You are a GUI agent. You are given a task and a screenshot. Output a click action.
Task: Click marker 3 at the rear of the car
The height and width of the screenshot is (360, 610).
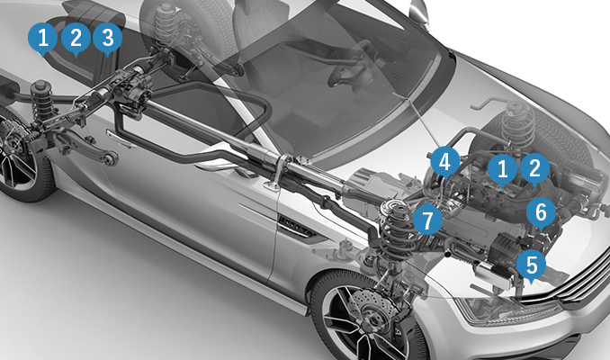108,38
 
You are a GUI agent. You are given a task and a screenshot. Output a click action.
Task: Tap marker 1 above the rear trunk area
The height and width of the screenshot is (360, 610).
43,38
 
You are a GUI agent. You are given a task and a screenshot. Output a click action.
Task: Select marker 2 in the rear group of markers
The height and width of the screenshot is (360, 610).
76,38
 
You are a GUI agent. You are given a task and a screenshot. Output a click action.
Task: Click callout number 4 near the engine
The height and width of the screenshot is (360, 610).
445,162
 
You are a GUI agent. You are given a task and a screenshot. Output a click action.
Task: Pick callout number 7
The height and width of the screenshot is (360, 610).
427,219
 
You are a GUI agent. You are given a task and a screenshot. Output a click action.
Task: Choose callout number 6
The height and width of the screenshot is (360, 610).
541,212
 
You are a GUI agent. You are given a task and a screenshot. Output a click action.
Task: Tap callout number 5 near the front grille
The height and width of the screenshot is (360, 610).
532,265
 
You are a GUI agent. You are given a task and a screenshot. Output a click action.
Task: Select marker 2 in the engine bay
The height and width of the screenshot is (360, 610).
535,168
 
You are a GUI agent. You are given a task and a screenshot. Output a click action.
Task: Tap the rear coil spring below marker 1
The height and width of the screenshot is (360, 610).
42,101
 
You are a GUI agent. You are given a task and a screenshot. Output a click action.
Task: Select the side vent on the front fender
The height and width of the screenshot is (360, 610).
299,227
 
